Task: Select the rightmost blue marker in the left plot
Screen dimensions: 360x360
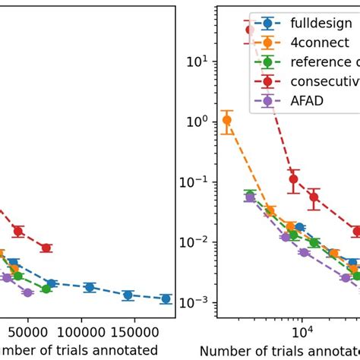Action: coord(166,298)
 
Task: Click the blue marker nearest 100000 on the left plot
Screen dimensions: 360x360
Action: coord(90,287)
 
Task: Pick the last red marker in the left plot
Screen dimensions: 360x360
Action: coord(46,248)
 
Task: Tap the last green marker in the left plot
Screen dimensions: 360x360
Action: coord(46,289)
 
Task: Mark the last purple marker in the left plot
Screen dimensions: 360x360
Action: coord(28,292)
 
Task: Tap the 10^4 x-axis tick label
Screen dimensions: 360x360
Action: coord(302,333)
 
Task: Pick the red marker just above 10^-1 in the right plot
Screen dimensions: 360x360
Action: coord(294,180)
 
